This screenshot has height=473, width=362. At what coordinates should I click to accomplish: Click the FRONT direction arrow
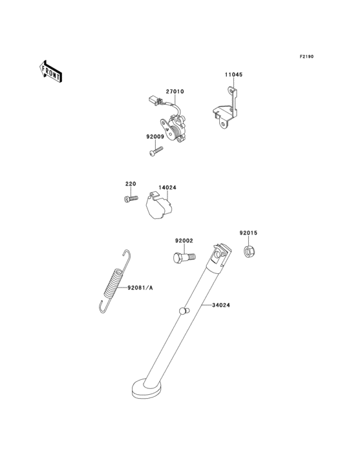(50, 71)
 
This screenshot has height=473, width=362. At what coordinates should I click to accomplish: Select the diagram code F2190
(306, 56)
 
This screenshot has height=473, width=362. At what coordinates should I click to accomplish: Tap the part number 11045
(233, 74)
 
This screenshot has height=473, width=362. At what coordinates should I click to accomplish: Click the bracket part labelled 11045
(226, 109)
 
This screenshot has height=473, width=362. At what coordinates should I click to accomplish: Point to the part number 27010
(175, 91)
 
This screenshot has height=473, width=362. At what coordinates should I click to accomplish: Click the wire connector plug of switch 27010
(154, 100)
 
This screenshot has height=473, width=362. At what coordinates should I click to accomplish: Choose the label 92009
(155, 136)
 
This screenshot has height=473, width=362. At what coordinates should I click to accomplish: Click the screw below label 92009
(156, 151)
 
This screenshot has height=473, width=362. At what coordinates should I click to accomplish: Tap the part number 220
(131, 184)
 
